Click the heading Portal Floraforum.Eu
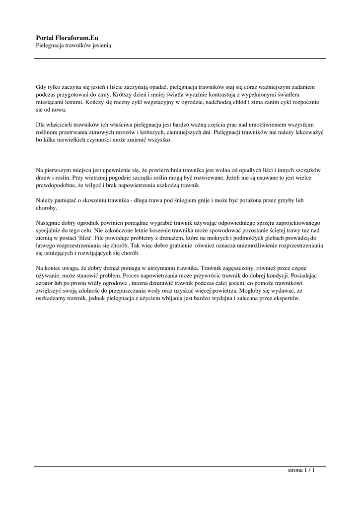tap(67, 37)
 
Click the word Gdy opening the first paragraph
tap(41, 86)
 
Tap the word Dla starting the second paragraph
tap(41, 124)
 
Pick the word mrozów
tap(124, 132)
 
